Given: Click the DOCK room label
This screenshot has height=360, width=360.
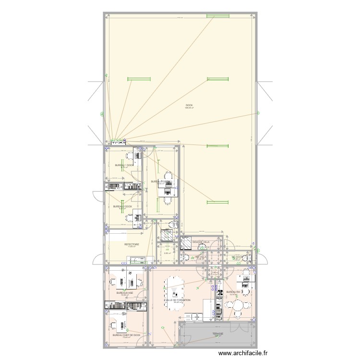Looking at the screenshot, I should tap(189, 105).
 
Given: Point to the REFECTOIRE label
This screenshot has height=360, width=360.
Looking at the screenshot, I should tap(132, 244).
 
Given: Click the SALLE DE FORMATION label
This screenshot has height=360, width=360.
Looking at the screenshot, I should tap(177, 300).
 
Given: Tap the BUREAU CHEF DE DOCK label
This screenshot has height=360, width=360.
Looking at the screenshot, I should tap(126, 335).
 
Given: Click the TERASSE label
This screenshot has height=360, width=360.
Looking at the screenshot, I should tap(218, 333).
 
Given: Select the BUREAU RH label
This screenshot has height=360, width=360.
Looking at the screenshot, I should tap(233, 292).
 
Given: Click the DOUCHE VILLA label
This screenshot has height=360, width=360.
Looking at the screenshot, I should tap(201, 242).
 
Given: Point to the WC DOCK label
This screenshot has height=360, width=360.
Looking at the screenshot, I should tap(239, 257).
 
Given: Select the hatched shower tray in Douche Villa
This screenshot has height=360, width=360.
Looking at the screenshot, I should tap(168, 236).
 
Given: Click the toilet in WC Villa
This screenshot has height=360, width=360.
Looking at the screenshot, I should tap(185, 258).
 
